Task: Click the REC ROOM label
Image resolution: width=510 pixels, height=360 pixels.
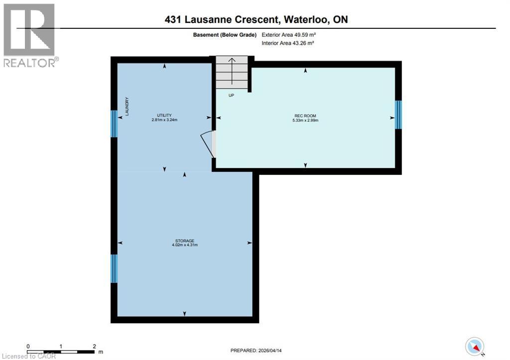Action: [x=306, y=116]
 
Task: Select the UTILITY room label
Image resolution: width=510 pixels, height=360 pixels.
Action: [x=164, y=116]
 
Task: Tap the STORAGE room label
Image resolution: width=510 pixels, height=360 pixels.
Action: [x=184, y=240]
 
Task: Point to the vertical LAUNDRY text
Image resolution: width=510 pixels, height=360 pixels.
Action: [x=127, y=107]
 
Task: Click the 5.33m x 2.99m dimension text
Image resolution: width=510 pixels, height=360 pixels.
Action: [x=306, y=120]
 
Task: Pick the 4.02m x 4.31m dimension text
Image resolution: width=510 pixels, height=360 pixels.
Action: [x=184, y=245]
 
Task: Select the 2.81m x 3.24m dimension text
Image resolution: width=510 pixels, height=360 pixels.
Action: [x=164, y=120]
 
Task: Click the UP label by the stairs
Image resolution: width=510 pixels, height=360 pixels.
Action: [x=231, y=95]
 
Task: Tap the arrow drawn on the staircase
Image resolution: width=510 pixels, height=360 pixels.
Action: [x=231, y=67]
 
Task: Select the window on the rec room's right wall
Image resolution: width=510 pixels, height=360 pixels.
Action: [x=398, y=115]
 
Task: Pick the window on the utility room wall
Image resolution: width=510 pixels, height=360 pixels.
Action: [x=114, y=123]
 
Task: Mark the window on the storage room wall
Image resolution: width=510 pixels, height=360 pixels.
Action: [x=114, y=268]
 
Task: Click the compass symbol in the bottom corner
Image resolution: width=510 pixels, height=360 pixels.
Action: [x=475, y=346]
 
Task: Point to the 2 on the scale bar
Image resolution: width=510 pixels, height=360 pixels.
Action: [x=94, y=346]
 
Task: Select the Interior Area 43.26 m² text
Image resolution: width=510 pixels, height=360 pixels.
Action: [x=288, y=43]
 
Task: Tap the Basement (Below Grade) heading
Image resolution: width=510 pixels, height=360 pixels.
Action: [x=225, y=35]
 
